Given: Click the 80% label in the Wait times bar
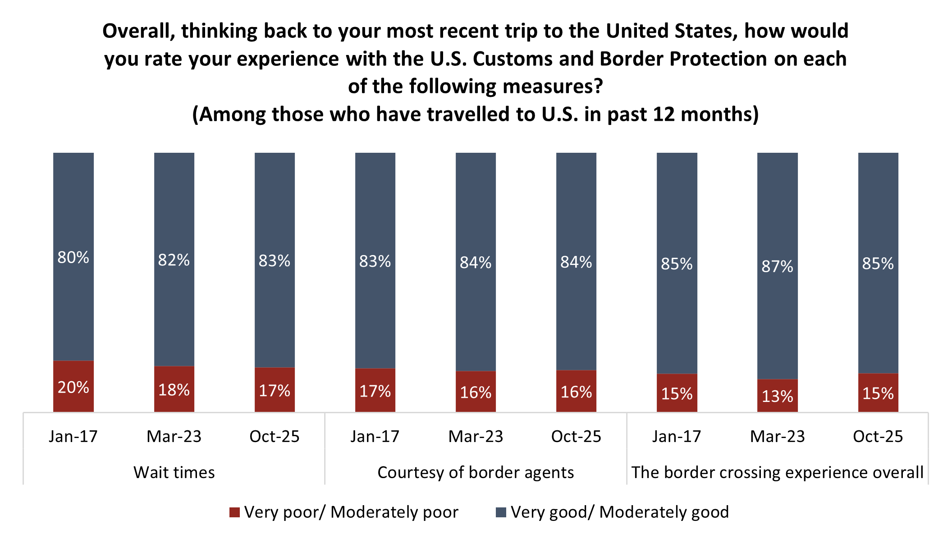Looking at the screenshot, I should [73, 257].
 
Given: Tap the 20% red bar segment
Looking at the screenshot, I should [73, 387].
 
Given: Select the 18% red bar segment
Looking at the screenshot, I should [174, 389].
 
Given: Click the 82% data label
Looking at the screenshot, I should [174, 260].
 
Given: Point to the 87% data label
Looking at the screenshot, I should [777, 266].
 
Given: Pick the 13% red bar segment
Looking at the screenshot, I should [777, 396].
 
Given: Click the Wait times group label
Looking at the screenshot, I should [174, 472].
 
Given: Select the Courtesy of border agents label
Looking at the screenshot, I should [476, 472].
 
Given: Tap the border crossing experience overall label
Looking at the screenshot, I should [777, 472].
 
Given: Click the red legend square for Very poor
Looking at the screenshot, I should [234, 512].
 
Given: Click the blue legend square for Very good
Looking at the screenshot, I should [501, 512].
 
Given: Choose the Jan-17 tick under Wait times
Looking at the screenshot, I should [73, 436].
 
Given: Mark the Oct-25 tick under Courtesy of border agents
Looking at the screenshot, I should [576, 436].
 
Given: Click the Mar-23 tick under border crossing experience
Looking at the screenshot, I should [777, 436].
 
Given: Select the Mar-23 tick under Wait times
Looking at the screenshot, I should [174, 436].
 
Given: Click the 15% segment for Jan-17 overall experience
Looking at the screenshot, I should [677, 393].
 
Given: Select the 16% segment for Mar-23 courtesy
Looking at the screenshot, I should [476, 392].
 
